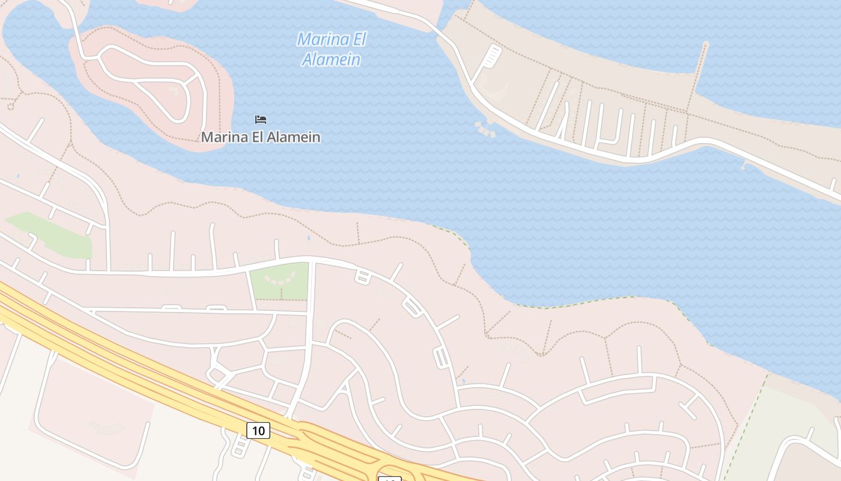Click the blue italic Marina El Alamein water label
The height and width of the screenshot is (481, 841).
[331, 49]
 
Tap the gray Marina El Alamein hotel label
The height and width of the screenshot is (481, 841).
[260, 137]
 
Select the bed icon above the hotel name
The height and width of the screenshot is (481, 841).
[260, 120]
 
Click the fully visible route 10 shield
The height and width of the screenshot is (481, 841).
[258, 430]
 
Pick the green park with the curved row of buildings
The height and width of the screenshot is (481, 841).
[279, 281]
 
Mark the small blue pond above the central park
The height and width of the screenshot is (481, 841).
[309, 238]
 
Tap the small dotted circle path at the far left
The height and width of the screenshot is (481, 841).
[10, 106]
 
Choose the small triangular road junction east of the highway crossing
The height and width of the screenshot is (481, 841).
[345, 388]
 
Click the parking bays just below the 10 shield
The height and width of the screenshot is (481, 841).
[239, 449]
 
